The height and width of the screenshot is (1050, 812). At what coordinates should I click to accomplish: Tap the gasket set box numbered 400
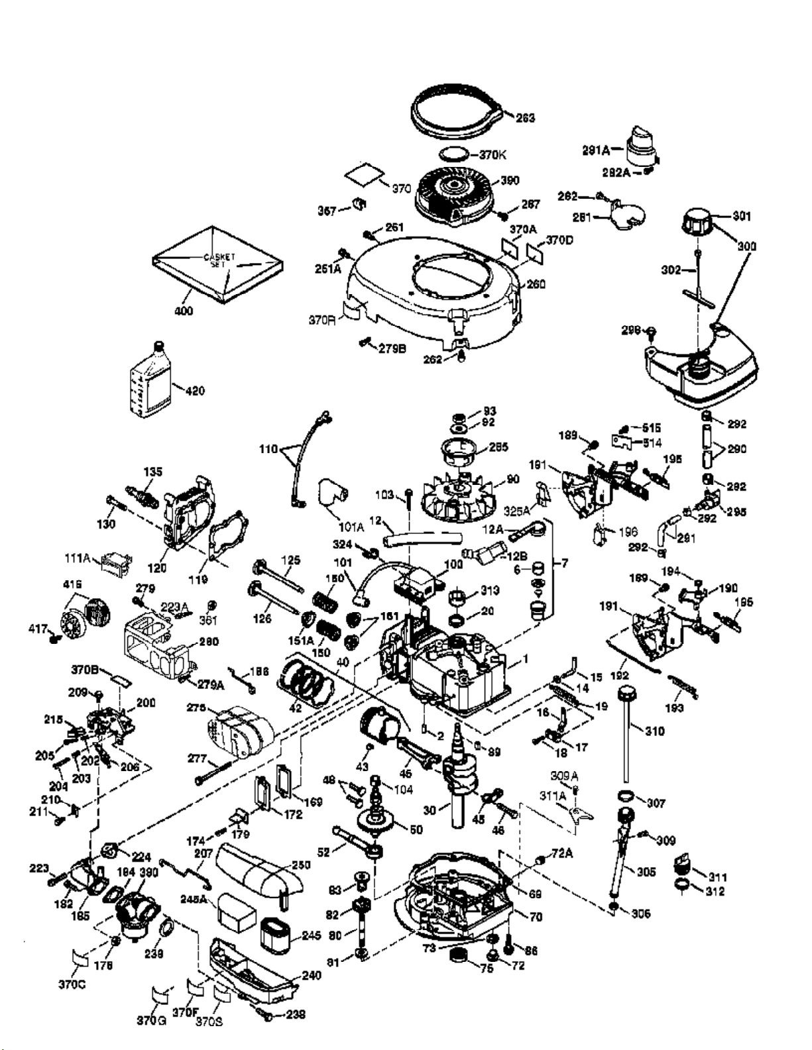(219, 265)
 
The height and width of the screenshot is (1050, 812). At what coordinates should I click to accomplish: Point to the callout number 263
(525, 119)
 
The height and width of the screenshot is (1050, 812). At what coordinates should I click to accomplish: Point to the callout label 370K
(493, 155)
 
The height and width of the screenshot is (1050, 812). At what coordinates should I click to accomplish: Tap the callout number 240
(311, 975)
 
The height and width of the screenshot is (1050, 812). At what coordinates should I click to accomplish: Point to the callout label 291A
(596, 150)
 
